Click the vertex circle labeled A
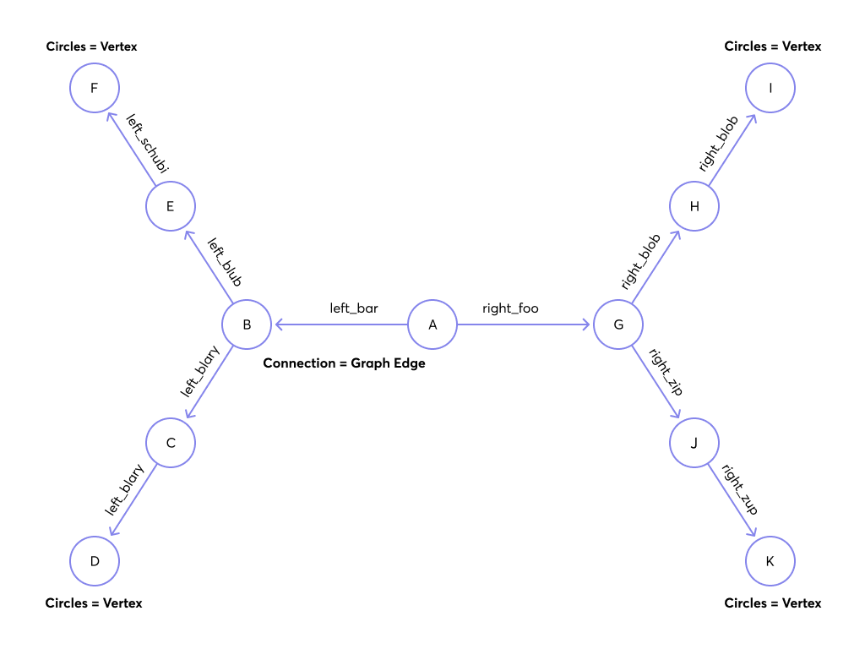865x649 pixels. (x=432, y=324)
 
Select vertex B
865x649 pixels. (x=247, y=324)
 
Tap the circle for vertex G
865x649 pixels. (x=618, y=324)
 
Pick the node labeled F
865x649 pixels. (x=95, y=88)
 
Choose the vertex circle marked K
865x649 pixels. (x=770, y=561)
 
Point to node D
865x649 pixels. (x=95, y=561)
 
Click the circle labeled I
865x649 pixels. (x=770, y=88)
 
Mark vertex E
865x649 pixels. (x=171, y=206)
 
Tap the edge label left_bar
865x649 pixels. (x=354, y=308)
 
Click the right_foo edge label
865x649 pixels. (x=510, y=308)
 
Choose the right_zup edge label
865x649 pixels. (x=738, y=489)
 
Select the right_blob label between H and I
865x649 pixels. (x=719, y=144)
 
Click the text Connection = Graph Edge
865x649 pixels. (x=344, y=363)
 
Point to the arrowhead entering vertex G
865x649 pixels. (x=587, y=324)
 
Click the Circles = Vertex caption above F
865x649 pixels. (x=91, y=46)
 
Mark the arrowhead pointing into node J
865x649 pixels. (x=677, y=415)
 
